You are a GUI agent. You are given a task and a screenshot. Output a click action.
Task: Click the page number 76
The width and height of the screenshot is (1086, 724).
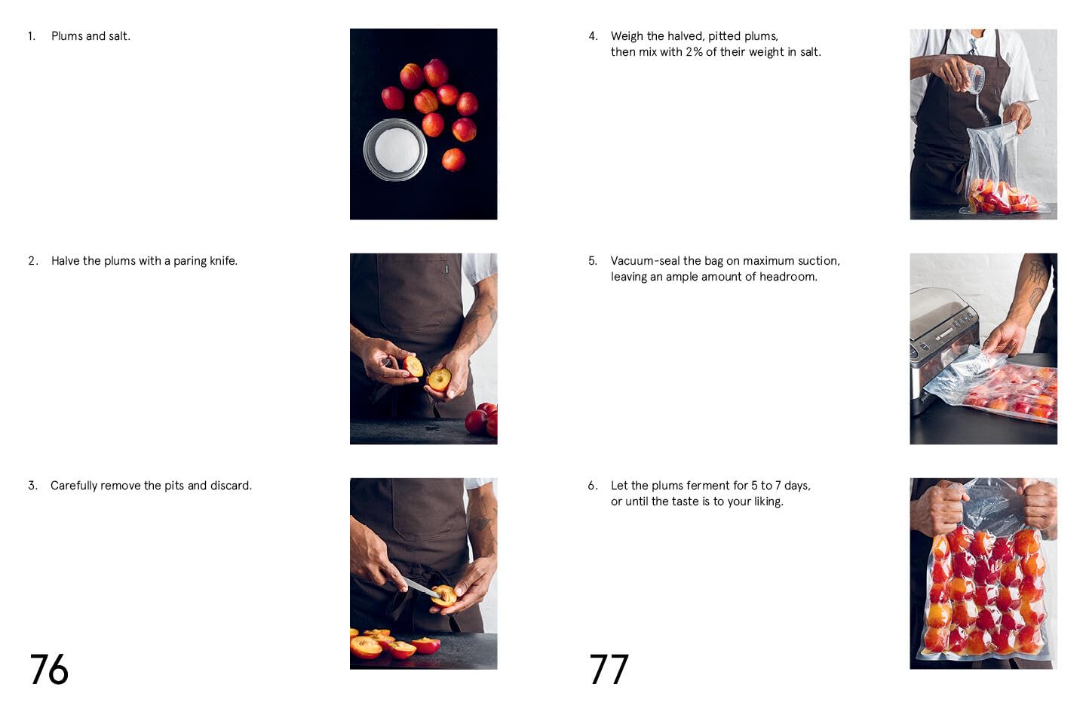pos(49,670)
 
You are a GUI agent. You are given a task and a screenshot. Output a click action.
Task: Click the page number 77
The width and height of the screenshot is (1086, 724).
pos(609,670)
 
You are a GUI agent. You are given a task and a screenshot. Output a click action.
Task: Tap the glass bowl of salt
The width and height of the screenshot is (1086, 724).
pos(395,149)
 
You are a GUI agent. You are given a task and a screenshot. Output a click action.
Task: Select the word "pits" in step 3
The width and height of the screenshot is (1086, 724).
pos(173,486)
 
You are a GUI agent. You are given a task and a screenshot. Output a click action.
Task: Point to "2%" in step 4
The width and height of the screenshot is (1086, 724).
pos(694,52)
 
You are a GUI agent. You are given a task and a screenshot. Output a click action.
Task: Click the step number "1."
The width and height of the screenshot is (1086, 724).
pos(32,36)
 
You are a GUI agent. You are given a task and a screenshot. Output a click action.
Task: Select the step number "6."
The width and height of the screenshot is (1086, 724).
pos(593,486)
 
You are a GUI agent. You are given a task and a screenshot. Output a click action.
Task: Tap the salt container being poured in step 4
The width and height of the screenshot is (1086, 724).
pos(975,78)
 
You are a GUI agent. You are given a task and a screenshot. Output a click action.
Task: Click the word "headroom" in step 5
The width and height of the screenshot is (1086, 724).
pos(789,277)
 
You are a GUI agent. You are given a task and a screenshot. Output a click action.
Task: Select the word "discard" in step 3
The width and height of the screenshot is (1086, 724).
pos(230,486)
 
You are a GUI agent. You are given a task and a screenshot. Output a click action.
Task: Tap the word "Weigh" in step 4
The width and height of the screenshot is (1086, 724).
pos(627,36)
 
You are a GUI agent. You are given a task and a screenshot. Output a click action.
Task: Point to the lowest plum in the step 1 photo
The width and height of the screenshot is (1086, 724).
pos(453,160)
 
